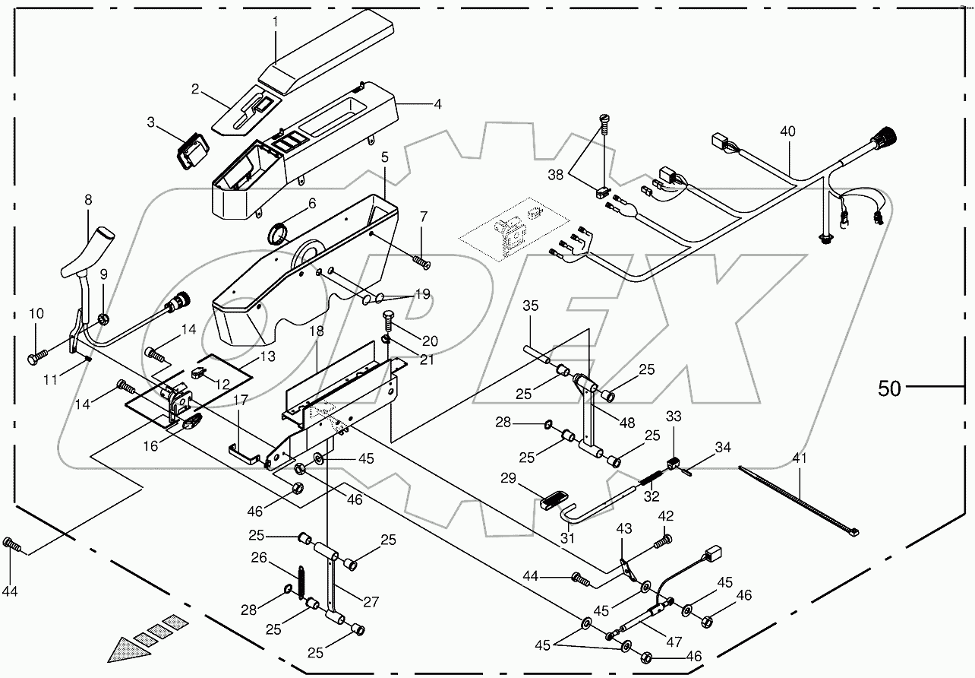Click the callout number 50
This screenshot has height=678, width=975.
(889, 388)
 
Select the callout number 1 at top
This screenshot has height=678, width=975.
(276, 23)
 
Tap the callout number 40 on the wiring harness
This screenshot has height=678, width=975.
(788, 131)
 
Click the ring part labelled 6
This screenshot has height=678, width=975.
(279, 231)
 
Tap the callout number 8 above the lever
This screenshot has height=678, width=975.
(88, 201)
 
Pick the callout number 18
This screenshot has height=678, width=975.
(317, 332)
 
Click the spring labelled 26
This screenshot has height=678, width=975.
(300, 583)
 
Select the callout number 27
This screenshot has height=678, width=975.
(370, 602)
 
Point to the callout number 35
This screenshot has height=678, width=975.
(530, 306)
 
